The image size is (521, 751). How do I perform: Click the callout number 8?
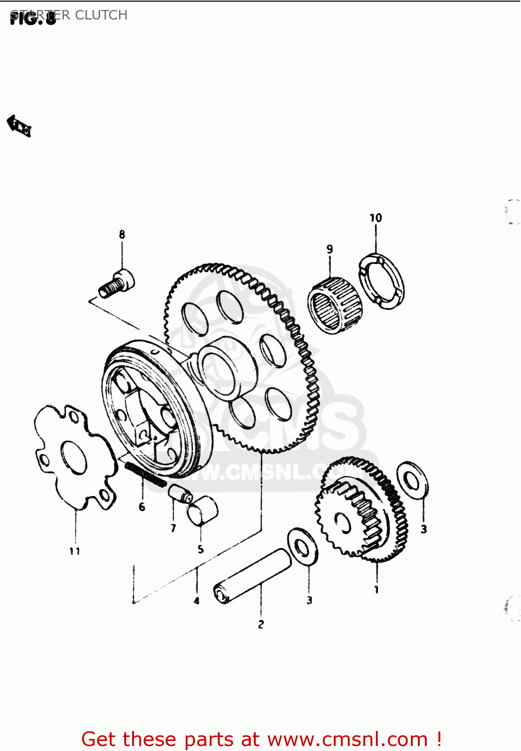point(122,234)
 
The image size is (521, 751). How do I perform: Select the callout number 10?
point(375,218)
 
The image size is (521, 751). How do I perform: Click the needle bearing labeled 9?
point(334,305)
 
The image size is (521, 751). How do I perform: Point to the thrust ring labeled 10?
point(382,281)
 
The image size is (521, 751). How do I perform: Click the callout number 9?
point(329,249)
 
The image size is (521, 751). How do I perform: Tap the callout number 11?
point(75,551)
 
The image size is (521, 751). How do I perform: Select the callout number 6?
point(142,507)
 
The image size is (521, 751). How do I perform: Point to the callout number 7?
point(173,528)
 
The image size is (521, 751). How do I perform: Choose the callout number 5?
point(201,549)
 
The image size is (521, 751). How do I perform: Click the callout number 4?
point(197,600)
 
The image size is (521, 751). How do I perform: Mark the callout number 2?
point(261,624)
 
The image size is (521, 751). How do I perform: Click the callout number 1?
point(376,590)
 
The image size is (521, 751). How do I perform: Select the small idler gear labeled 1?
point(360,511)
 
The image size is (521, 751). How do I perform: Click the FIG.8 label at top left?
point(33,19)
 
